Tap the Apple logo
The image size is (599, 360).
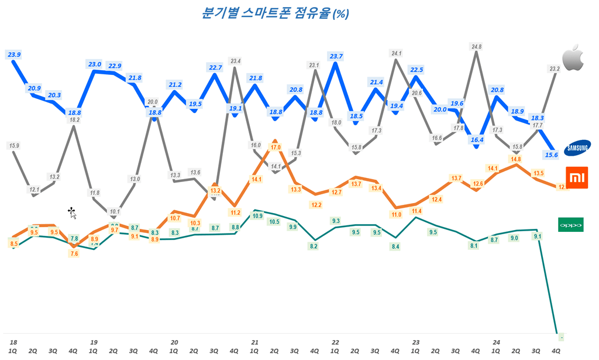point(573,57)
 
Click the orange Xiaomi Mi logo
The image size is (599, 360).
point(576,177)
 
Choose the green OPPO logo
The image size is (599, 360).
point(570,225)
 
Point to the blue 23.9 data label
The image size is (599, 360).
point(14,54)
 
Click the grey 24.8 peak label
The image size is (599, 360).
point(476,47)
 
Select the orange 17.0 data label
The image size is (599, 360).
point(275,148)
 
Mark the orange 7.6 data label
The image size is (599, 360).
point(74,253)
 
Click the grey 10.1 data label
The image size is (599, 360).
point(115,212)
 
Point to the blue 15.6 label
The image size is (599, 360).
point(550,155)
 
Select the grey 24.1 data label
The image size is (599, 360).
point(396,53)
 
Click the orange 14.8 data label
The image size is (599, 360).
point(515,159)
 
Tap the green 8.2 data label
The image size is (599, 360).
point(314,246)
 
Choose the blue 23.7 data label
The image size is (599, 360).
point(336,56)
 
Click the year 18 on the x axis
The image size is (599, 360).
point(13,341)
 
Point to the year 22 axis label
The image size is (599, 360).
point(335,341)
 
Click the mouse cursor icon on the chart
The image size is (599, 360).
point(71,212)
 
